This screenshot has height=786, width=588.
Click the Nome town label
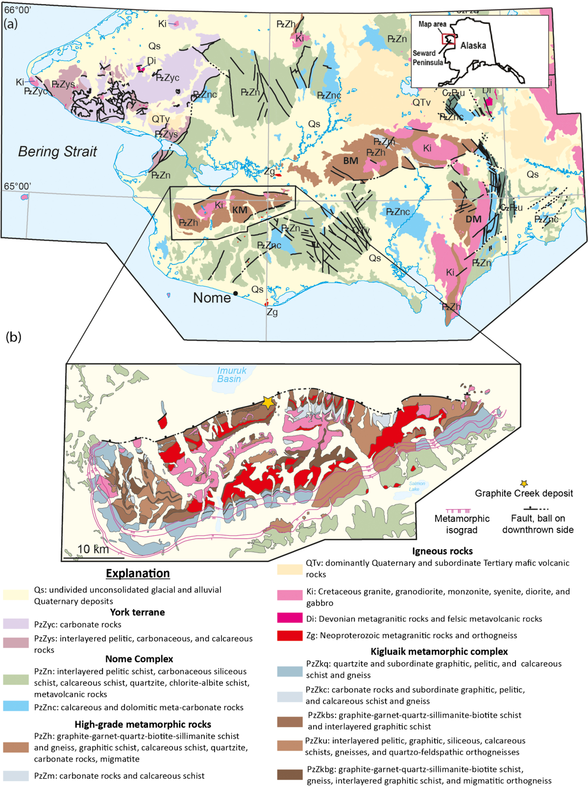212,298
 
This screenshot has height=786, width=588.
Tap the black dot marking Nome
236,293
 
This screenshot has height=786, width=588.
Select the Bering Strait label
57,152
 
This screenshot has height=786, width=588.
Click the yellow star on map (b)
268,402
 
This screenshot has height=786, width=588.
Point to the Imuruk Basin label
231,375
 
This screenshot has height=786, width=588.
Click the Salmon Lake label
416,486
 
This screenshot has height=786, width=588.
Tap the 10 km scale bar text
93,549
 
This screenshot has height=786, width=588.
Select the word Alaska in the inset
473,46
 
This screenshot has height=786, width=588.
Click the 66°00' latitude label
17,10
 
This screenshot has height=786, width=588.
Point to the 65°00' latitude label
17,186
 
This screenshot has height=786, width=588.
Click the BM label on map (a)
350,161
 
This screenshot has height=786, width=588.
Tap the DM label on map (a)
473,219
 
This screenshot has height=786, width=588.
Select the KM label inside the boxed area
240,210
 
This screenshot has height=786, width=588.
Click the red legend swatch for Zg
290,635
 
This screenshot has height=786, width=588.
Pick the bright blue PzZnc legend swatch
16,706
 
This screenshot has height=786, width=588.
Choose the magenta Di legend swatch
290,618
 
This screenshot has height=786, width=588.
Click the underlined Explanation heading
138,574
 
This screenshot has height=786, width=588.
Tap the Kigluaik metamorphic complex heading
439,651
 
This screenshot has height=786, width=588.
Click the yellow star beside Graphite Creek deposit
524,484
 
